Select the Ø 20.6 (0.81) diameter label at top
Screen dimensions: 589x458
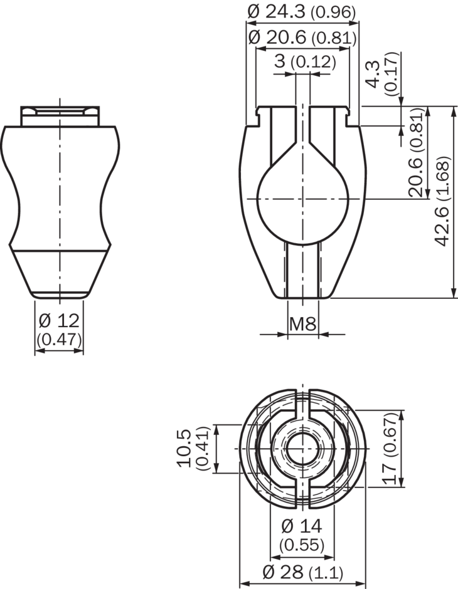(302, 37)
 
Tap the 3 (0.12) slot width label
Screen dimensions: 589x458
(305, 61)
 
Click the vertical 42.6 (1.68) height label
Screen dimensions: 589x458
(443, 201)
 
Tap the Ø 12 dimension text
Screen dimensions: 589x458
(59, 321)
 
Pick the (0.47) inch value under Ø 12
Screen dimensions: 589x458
(59, 339)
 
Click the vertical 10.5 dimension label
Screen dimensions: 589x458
(185, 448)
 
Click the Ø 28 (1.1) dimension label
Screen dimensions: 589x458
(302, 571)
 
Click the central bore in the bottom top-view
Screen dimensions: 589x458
(302, 449)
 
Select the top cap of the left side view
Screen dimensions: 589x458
(60, 116)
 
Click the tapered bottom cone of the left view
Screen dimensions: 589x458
(60, 273)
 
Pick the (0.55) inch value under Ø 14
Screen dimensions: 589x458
(302, 545)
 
